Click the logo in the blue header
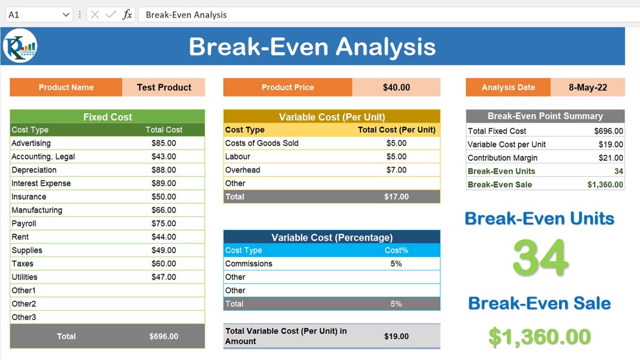tap(20, 46)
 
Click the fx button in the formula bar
tap(127, 15)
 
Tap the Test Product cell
tap(164, 87)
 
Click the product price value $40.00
tap(396, 87)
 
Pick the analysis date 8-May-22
tap(588, 87)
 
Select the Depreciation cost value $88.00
tap(164, 170)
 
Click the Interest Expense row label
tap(41, 183)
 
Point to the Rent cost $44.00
tap(164, 237)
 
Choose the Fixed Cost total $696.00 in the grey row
tap(164, 336)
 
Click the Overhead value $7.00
tap(396, 170)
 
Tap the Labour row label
tap(238, 157)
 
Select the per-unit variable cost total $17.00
tap(396, 197)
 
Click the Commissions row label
tap(249, 264)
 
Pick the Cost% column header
tap(396, 250)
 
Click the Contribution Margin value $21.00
tap(610, 158)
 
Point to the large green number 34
tap(541, 258)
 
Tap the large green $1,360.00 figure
tap(540, 337)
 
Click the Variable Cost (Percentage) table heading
tap(332, 238)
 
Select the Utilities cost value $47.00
tap(164, 277)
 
